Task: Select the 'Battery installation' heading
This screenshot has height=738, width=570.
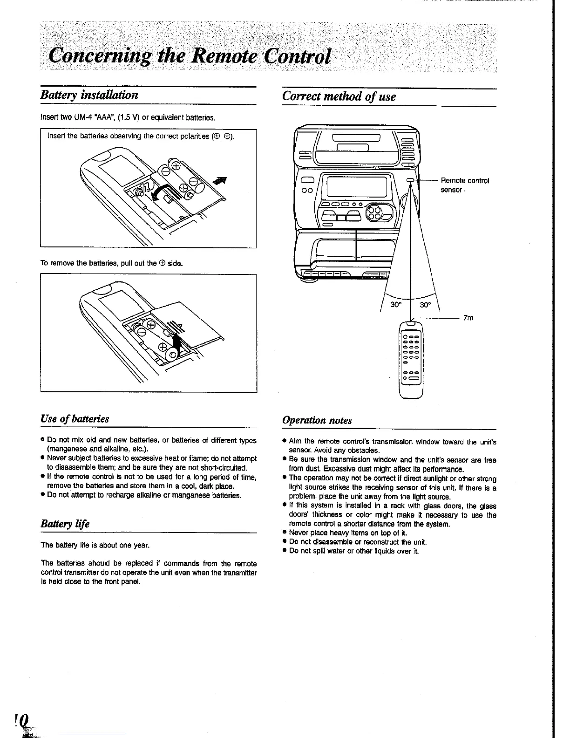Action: pyautogui.click(x=89, y=96)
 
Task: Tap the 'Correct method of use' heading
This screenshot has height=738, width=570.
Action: pyautogui.click(x=339, y=96)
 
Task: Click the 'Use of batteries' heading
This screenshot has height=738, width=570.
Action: pyautogui.click(x=75, y=418)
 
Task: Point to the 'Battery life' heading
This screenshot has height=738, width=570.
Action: pyautogui.click(x=65, y=524)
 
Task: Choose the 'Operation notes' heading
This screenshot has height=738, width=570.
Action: pyautogui.click(x=317, y=420)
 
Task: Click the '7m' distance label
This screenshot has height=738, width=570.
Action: pyautogui.click(x=468, y=318)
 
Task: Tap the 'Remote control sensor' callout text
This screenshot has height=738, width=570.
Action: pyautogui.click(x=464, y=185)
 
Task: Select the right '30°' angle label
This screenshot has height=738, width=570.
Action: pyautogui.click(x=426, y=305)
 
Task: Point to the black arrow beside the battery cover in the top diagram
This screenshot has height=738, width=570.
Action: pyautogui.click(x=222, y=182)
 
